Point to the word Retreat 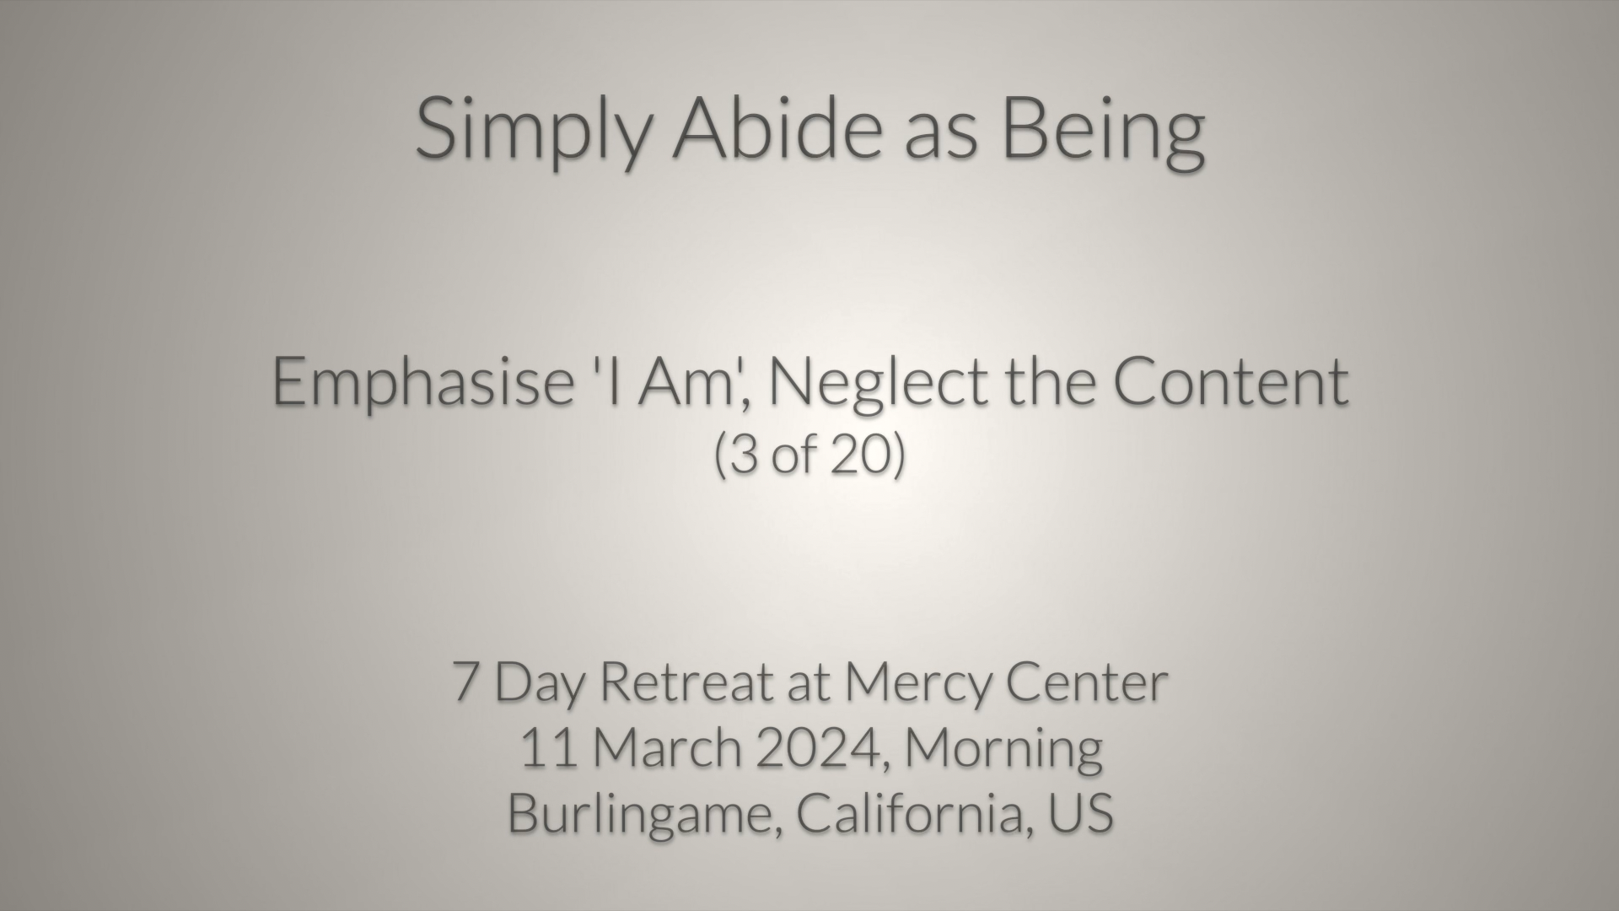click(687, 682)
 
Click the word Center click(1087, 682)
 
